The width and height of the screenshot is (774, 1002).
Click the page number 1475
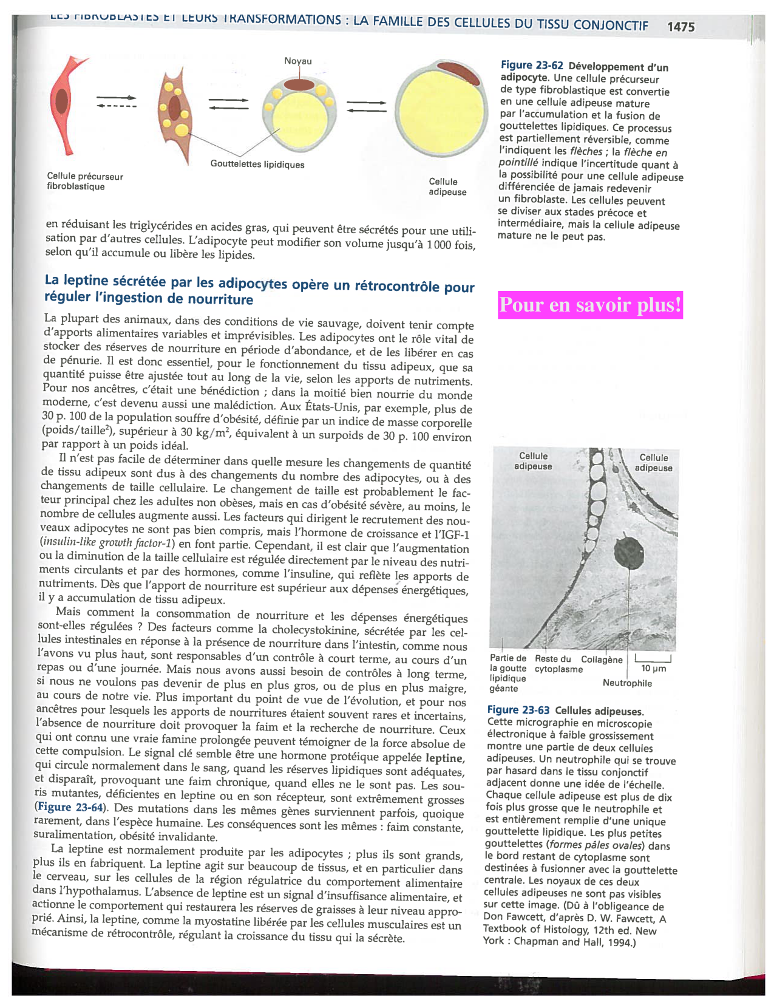pyautogui.click(x=681, y=27)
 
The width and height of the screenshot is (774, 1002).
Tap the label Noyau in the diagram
pyautogui.click(x=298, y=61)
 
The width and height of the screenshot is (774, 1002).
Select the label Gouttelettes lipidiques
pyautogui.click(x=257, y=165)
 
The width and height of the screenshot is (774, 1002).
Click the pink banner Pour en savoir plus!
pyautogui.click(x=590, y=305)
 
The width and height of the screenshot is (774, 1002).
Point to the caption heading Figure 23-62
pyautogui.click(x=532, y=66)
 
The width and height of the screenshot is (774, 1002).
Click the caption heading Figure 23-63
pyautogui.click(x=518, y=711)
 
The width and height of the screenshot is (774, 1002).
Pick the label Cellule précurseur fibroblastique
pyautogui.click(x=85, y=182)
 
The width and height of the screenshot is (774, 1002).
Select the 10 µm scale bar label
pyautogui.click(x=653, y=669)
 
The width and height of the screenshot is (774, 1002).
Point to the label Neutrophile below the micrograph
pyautogui.click(x=627, y=683)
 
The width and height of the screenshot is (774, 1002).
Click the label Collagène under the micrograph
pyautogui.click(x=602, y=660)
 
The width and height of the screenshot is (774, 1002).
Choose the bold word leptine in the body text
pyautogui.click(x=445, y=758)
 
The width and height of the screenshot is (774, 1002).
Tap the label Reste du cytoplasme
pyautogui.click(x=558, y=664)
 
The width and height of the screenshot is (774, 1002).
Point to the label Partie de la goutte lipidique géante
pyautogui.click(x=508, y=673)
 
